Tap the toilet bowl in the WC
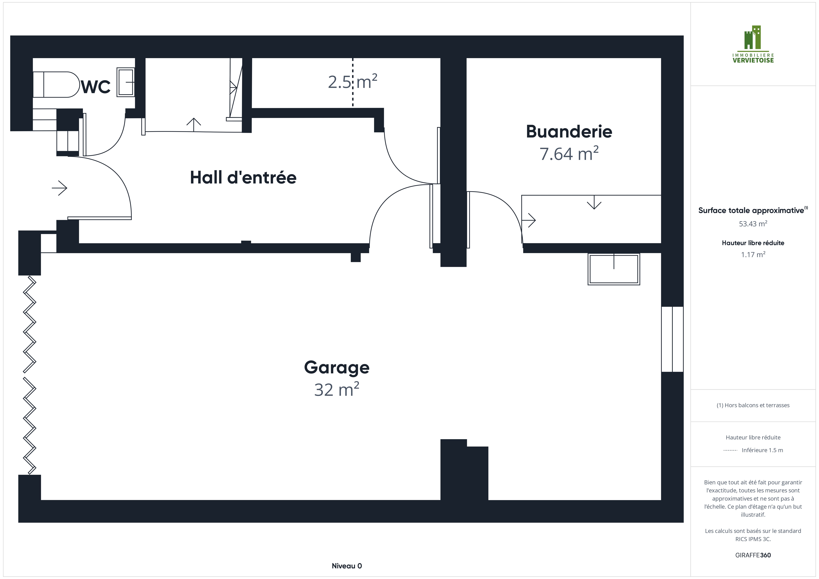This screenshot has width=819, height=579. [56, 84]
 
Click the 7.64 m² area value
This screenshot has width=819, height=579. [569, 154]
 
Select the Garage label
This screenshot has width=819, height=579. [337, 367]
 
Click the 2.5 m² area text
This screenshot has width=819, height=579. [352, 82]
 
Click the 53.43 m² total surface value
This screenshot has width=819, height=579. [753, 224]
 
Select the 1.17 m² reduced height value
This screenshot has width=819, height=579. [753, 254]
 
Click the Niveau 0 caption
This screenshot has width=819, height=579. [347, 566]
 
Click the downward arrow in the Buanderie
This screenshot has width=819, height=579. [594, 202]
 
